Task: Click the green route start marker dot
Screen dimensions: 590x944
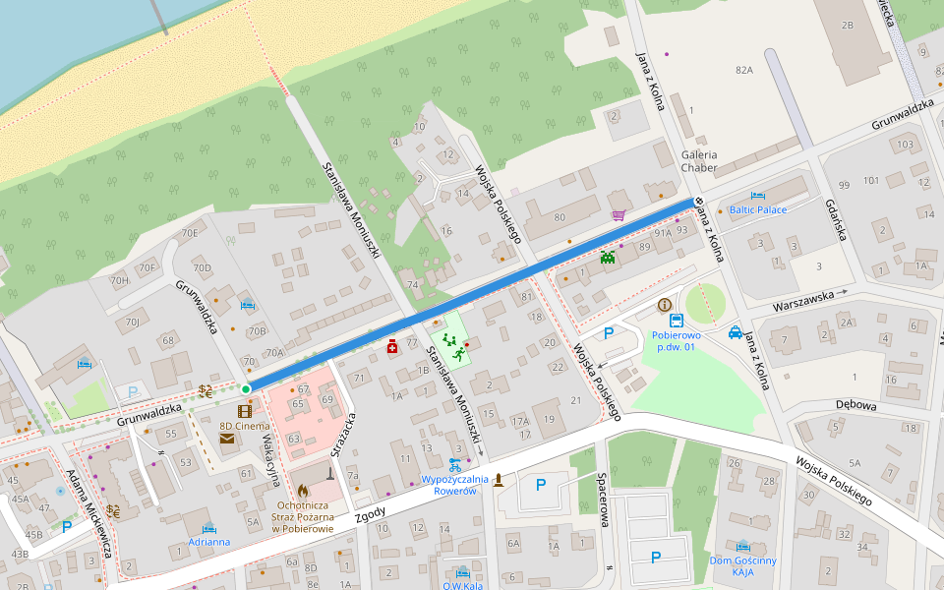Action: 246,389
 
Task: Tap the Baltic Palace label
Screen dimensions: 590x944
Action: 757,209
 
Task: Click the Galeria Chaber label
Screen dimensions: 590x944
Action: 699,161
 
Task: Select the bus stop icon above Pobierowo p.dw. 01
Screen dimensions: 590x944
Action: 677,321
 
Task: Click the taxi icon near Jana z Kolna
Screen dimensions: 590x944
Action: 735,332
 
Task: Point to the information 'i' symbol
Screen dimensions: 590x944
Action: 665,305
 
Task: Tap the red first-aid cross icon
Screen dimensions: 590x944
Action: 391,346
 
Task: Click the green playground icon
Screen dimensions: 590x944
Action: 449,341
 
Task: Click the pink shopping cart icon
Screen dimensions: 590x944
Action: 619,214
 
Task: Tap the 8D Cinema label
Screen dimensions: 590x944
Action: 244,426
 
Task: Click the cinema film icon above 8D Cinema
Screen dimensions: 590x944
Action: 244,410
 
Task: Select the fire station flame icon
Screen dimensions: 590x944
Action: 301,488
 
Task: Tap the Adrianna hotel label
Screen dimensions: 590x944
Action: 209,541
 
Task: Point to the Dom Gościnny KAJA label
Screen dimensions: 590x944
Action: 742,565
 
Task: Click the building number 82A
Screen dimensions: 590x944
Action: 743,70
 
